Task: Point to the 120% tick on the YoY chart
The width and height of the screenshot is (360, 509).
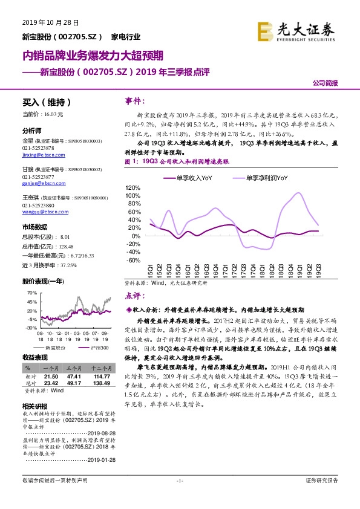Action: [x=133, y=187]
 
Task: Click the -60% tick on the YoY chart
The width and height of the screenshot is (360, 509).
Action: [x=133, y=261]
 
